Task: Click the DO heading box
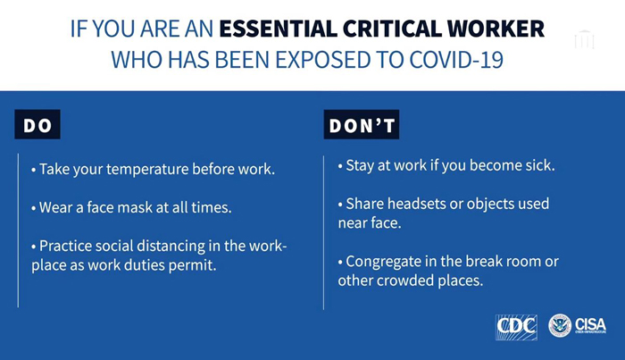coord(37,124)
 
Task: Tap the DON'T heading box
coord(362,124)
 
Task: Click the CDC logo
coord(516,327)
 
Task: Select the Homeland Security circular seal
coord(560,326)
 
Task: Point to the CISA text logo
coord(590,325)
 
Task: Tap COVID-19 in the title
coord(456,60)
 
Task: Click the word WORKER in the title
coord(496,29)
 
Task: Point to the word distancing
coord(171,246)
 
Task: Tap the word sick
coord(540,165)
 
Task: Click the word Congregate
coord(384,262)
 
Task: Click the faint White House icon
coord(584,39)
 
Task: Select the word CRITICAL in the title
coord(392,29)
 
